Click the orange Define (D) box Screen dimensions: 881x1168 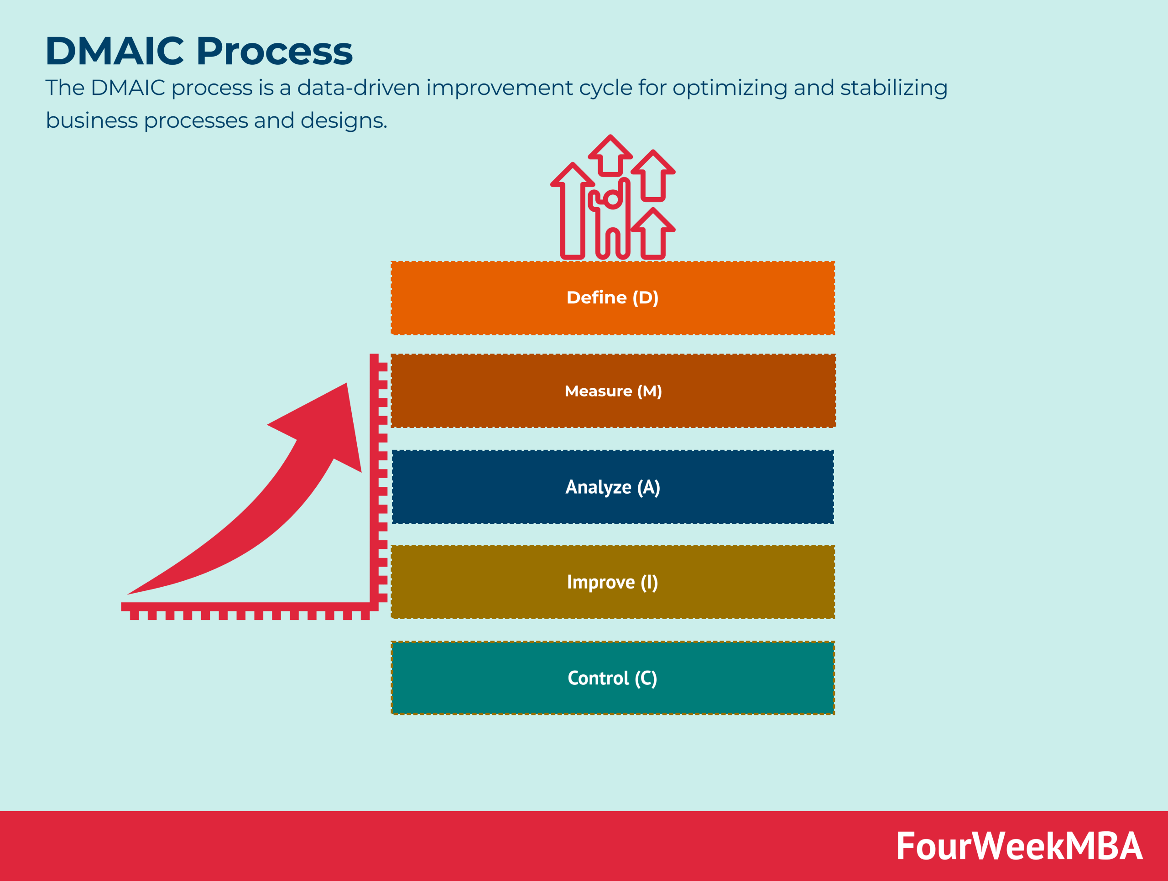(612, 298)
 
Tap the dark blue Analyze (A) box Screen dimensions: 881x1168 (612, 487)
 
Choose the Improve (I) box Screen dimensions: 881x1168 (612, 582)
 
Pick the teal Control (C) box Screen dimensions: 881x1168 (612, 678)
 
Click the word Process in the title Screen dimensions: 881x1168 (275, 51)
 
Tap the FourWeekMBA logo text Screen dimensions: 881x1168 (1019, 846)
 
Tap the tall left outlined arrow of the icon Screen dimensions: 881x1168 (573, 211)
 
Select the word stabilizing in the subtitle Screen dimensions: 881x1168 (893, 88)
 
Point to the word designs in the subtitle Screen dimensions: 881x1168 (343, 120)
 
